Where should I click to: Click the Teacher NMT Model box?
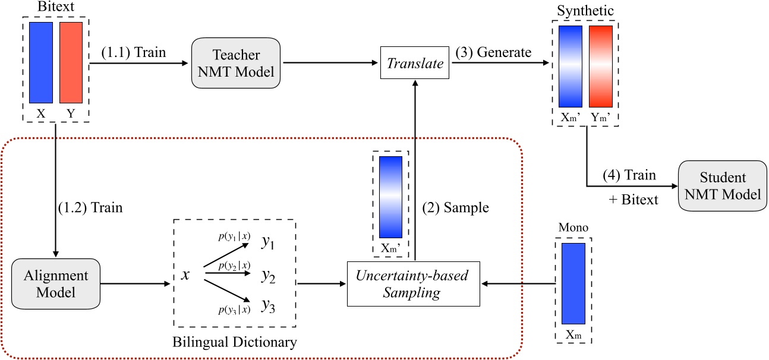pyautogui.click(x=236, y=64)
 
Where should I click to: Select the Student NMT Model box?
pyautogui.click(x=722, y=185)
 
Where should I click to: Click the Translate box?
pyautogui.click(x=415, y=64)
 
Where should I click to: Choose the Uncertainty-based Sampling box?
pyautogui.click(x=413, y=284)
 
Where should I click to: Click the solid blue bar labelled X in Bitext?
pyautogui.click(x=41, y=62)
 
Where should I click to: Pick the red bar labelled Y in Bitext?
pyautogui.click(x=71, y=62)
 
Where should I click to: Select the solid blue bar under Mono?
pyautogui.click(x=573, y=285)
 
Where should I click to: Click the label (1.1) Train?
pyautogui.click(x=133, y=52)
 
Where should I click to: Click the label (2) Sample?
pyautogui.click(x=455, y=208)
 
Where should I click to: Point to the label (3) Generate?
pyautogui.click(x=493, y=52)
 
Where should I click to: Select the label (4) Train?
pyautogui.click(x=629, y=175)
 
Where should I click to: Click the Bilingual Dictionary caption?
pyautogui.click(x=234, y=342)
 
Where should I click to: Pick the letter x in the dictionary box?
pyautogui.click(x=185, y=275)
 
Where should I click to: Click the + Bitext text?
pyautogui.click(x=634, y=200)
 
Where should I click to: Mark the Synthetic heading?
pyautogui.click(x=585, y=11)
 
